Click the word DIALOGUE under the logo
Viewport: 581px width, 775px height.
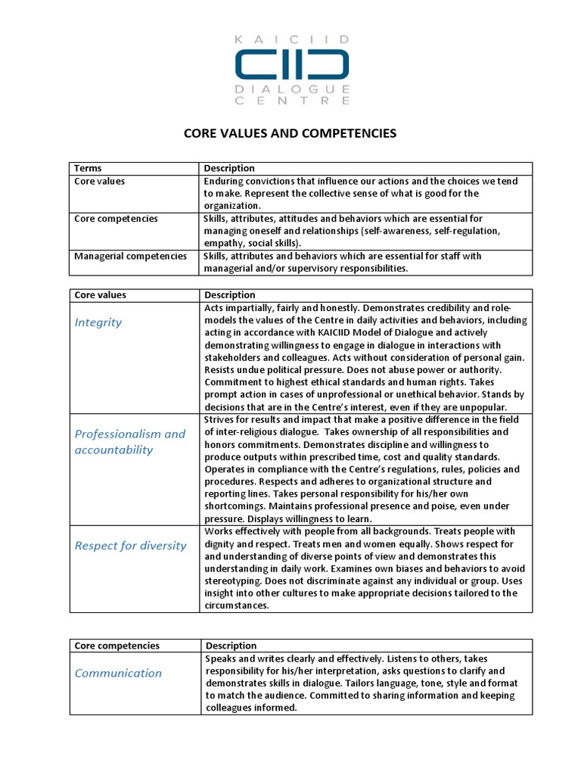pos(291,89)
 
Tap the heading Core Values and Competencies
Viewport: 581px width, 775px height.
pos(290,133)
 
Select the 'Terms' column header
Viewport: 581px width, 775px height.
pos(88,168)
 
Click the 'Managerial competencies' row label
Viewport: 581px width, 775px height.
pos(130,256)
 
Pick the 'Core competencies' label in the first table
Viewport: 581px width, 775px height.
pos(116,219)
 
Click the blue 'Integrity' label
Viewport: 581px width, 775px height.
pos(98,322)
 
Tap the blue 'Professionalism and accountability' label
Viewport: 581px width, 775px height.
pos(129,442)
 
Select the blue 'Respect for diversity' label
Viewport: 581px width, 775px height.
pos(130,546)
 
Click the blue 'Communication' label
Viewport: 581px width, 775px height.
pos(118,673)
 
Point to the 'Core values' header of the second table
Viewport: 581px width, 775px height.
pos(100,294)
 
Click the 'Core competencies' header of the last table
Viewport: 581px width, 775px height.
pos(117,646)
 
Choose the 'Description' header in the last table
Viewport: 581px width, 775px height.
pos(230,646)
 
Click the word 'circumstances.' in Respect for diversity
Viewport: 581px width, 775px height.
pos(237,605)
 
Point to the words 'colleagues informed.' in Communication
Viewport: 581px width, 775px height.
pos(251,708)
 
